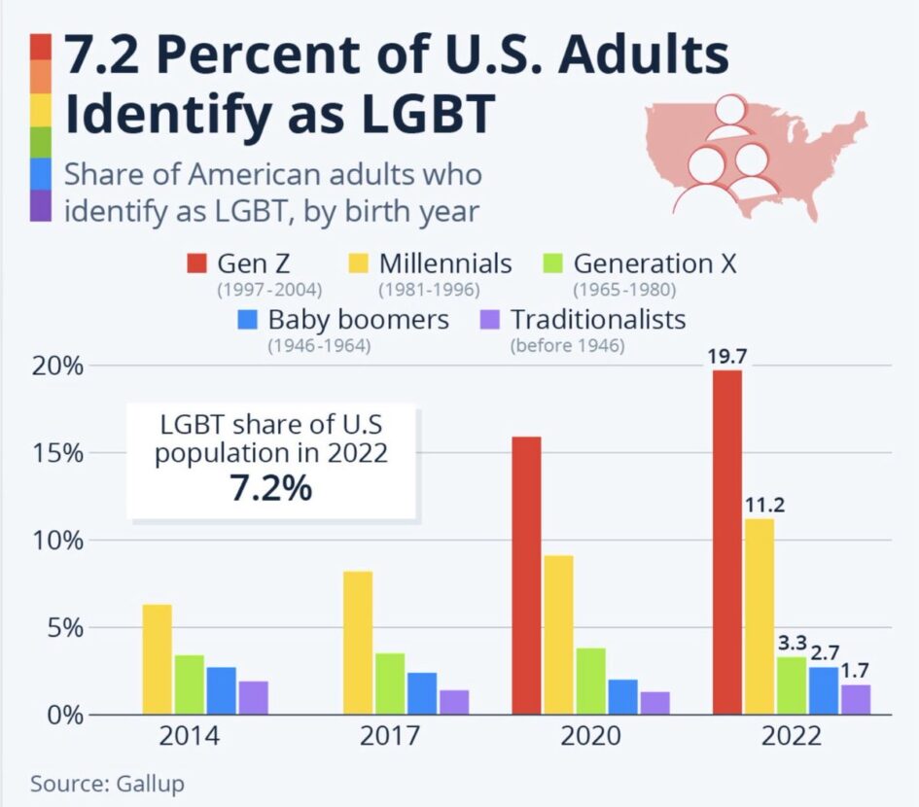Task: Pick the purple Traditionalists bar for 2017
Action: [x=454, y=702]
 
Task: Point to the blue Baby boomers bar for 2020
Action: [x=622, y=696]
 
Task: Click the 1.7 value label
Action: [x=856, y=671]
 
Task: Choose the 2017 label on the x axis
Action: [x=389, y=736]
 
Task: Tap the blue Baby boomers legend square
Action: [x=246, y=320]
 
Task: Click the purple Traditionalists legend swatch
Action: [x=489, y=320]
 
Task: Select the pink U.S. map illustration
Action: [x=754, y=156]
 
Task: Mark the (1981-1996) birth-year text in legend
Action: [x=429, y=289]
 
